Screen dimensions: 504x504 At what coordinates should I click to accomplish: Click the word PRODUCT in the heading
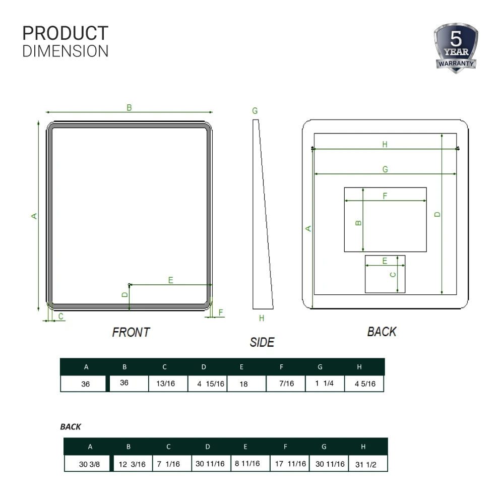[66, 33]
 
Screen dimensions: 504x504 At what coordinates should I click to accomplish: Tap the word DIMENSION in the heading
[66, 51]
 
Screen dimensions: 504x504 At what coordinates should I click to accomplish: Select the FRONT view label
[131, 333]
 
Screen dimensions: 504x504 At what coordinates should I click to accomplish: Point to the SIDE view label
[262, 343]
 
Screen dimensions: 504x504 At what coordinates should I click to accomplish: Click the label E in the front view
[171, 280]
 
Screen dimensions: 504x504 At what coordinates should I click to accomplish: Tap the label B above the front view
[129, 107]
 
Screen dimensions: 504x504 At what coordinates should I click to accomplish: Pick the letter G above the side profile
[255, 110]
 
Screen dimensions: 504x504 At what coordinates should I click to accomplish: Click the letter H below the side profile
[261, 319]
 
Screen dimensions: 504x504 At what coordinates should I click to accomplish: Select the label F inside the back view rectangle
[385, 196]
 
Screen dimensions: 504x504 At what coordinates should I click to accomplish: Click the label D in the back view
[437, 214]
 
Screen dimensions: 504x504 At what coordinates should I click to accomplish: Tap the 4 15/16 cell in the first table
[207, 384]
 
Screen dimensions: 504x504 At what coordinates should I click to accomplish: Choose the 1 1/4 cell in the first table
[325, 384]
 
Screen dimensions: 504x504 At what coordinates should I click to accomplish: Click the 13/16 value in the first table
[165, 384]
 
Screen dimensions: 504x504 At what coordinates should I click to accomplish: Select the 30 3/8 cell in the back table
[86, 464]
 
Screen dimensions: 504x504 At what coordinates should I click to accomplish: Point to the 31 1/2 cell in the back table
[365, 464]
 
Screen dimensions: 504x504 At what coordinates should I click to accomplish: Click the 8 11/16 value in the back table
[247, 464]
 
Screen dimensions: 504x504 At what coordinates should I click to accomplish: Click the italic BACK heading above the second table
[71, 427]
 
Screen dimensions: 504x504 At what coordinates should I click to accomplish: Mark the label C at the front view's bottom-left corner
[61, 317]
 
